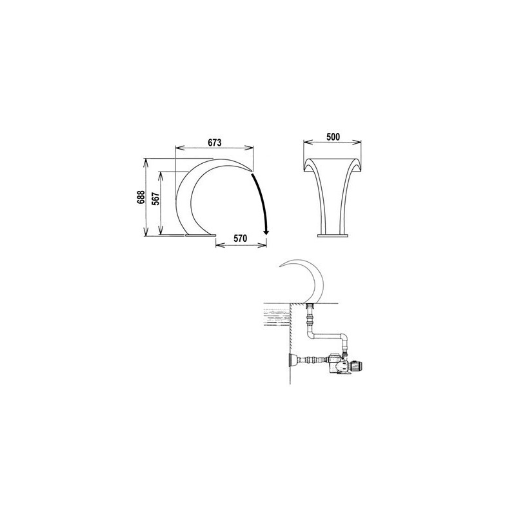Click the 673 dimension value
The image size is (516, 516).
pyautogui.click(x=215, y=143)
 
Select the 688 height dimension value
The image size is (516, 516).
pyautogui.click(x=141, y=197)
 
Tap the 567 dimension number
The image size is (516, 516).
pyautogui.click(x=156, y=199)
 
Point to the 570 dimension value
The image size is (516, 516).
pyautogui.click(x=240, y=238)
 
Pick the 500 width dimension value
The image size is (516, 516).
pyautogui.click(x=333, y=137)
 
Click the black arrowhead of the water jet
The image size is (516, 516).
pyautogui.click(x=266, y=232)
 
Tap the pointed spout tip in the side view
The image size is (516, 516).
pyautogui.click(x=252, y=170)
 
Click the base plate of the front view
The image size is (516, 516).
pyautogui.click(x=333, y=235)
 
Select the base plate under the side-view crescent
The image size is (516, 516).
pyautogui.click(x=200, y=235)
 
